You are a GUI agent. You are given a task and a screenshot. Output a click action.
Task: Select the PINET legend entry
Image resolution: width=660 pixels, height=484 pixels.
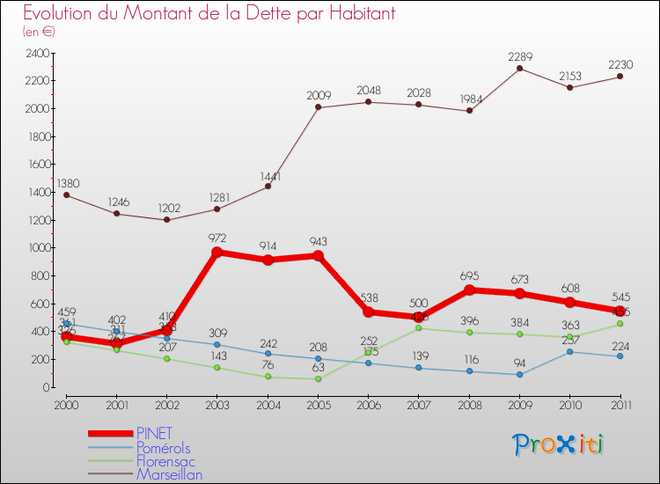point(155,433)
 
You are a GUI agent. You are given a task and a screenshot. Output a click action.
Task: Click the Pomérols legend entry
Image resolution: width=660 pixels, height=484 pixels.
point(164,447)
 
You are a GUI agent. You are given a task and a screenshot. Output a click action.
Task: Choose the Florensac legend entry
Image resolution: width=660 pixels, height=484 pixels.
point(165,461)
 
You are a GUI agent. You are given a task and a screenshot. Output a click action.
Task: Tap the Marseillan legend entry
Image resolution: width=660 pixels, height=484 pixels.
point(169,475)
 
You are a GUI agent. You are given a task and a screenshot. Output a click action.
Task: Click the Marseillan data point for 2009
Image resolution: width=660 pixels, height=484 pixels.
point(519,68)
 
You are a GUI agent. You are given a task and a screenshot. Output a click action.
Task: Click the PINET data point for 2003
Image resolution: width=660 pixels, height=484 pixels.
point(217,252)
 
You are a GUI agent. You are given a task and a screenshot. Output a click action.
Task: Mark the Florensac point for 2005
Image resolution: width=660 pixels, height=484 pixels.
point(318,378)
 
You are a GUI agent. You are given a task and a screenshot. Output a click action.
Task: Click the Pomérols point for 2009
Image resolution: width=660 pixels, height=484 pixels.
point(519,374)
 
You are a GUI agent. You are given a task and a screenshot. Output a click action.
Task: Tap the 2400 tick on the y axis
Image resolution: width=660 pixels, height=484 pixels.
point(36,53)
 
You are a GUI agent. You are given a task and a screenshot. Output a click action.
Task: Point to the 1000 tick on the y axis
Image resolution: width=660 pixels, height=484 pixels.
point(36,248)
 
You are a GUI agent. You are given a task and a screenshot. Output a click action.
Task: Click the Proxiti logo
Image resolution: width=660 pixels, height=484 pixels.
point(560,444)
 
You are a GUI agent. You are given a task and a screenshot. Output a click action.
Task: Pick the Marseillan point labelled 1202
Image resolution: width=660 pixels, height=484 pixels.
point(167,220)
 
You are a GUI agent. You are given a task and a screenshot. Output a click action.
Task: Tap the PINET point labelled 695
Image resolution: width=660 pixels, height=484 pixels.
point(469,290)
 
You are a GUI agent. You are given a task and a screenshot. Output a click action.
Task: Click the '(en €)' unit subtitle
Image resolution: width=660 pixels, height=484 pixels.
point(39,32)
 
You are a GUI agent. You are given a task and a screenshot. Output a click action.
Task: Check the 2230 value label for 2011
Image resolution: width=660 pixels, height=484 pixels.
point(620,65)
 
